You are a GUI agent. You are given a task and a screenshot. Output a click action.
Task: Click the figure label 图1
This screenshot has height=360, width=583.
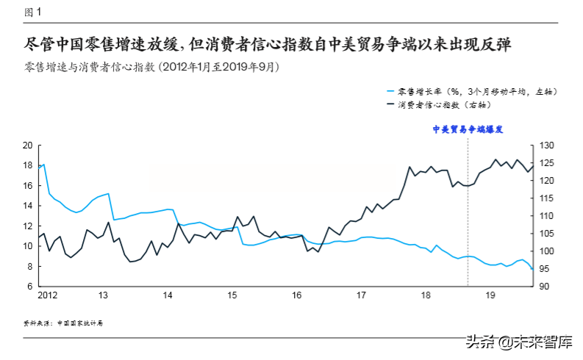pyautogui.click(x=33, y=12)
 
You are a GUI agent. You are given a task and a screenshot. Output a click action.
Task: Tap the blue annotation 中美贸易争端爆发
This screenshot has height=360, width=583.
pyautogui.click(x=468, y=129)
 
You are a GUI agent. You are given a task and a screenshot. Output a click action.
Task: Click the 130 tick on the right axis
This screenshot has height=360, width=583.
pyautogui.click(x=548, y=145)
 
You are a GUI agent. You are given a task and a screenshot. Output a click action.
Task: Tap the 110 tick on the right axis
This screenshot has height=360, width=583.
pyautogui.click(x=548, y=216)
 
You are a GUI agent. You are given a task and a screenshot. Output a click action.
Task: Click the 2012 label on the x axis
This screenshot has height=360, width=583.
pyautogui.click(x=49, y=295)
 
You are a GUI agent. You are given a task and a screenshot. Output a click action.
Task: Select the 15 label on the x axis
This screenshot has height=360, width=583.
pyautogui.click(x=232, y=295)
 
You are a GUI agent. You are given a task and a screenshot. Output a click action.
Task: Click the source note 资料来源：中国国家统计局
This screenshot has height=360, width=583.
pyautogui.click(x=63, y=323)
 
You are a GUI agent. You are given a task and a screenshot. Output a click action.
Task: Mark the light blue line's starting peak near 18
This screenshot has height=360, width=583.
pyautogui.click(x=44, y=165)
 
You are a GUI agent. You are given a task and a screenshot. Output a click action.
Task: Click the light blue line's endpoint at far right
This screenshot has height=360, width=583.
pyautogui.click(x=532, y=270)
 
